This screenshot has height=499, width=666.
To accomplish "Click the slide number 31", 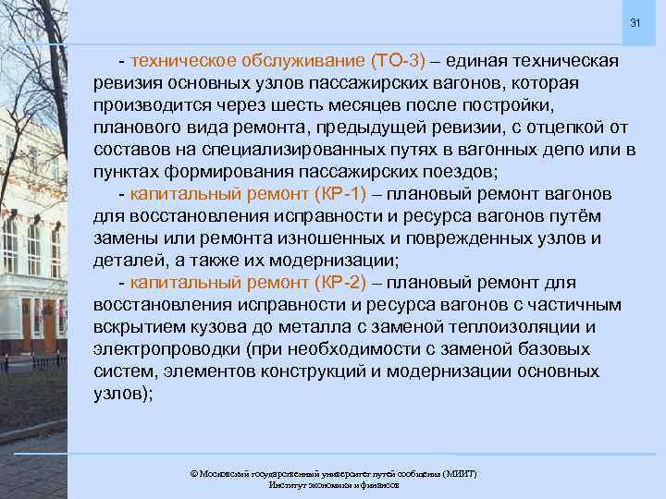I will click(x=635, y=22).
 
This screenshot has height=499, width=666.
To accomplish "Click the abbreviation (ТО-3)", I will click(x=397, y=61).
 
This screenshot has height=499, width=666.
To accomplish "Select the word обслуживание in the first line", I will click(x=303, y=61).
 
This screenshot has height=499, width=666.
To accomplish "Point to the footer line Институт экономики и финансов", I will click(x=333, y=484).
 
